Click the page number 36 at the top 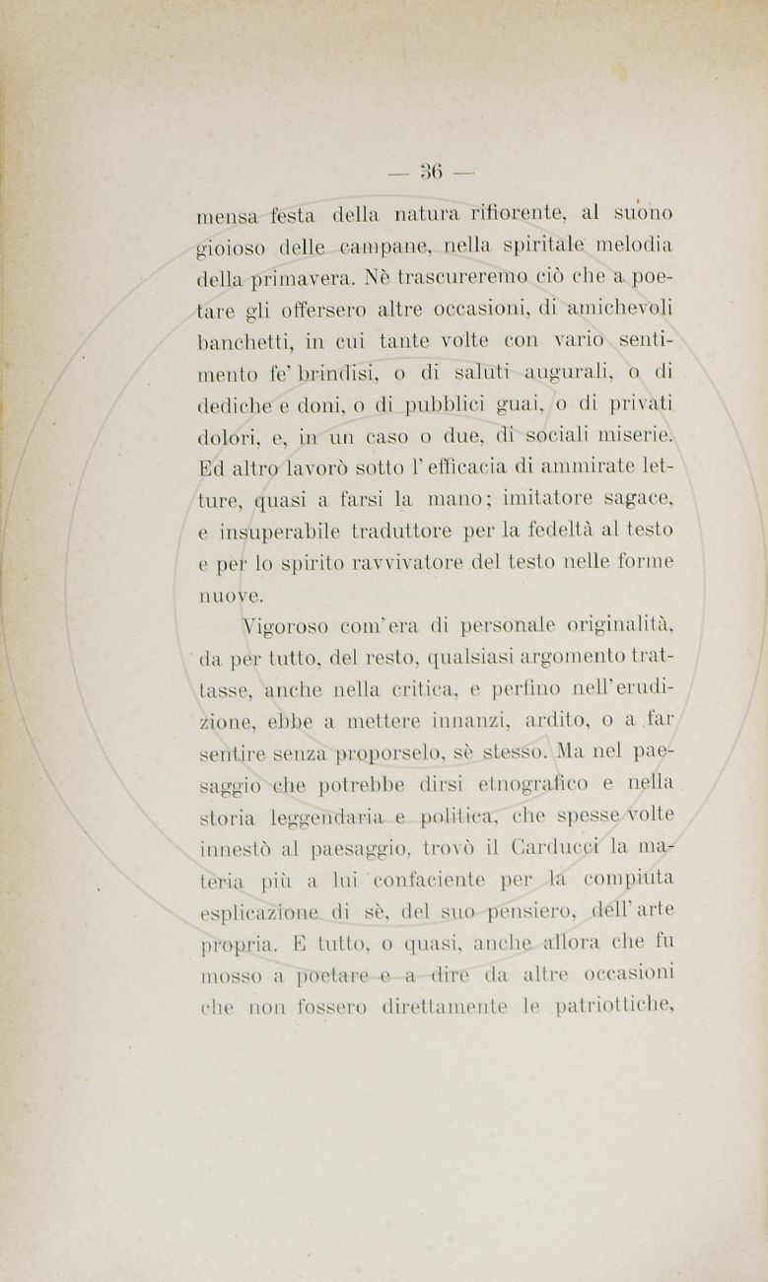[431, 172]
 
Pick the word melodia [633, 243]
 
